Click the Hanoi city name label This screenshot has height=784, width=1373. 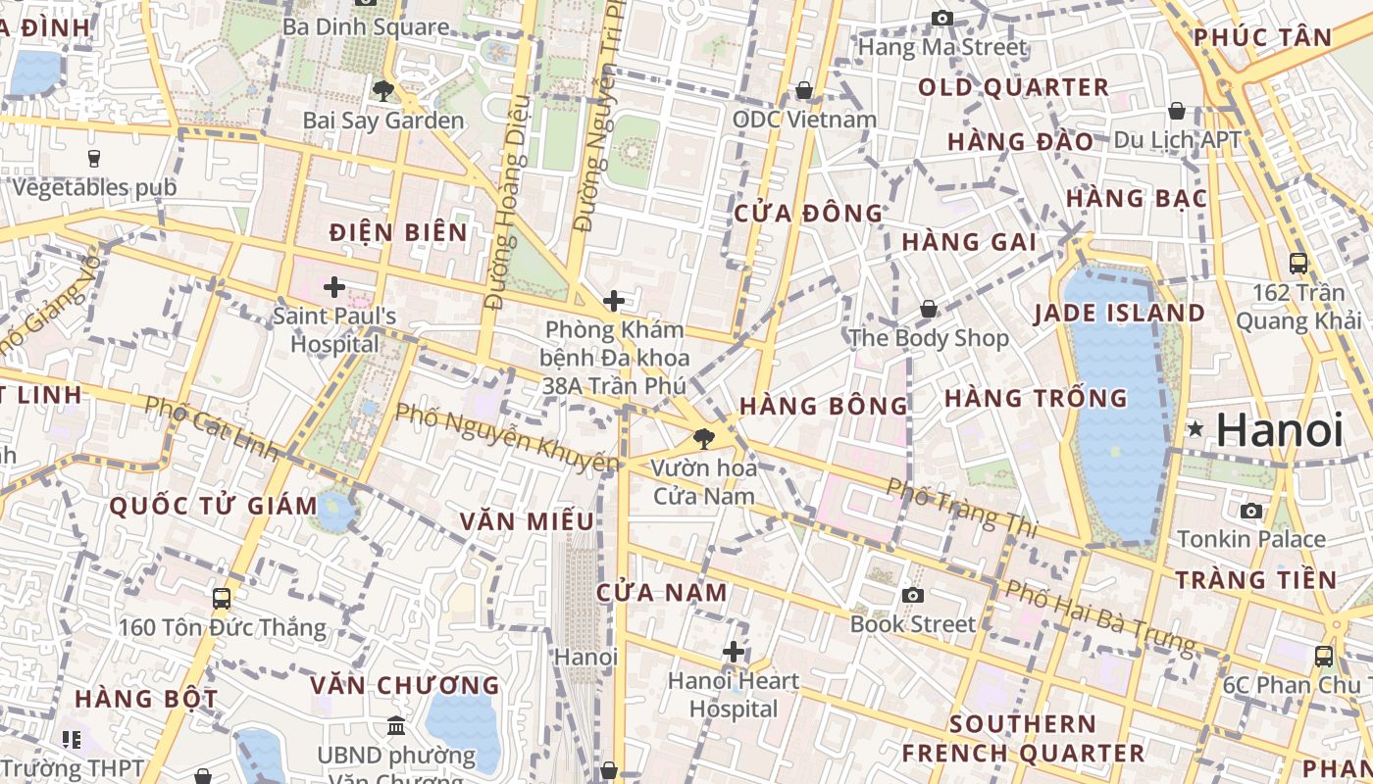[x=1280, y=429]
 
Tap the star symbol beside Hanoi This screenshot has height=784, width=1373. [x=1195, y=429]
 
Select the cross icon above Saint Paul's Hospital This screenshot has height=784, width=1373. [x=334, y=287]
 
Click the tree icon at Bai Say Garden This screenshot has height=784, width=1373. [x=382, y=91]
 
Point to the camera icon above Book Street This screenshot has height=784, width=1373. [x=913, y=595]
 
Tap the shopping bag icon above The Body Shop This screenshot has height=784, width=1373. [x=928, y=310]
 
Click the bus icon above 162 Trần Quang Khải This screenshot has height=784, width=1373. [x=1298, y=263]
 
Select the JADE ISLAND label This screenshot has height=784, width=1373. [x=1119, y=314]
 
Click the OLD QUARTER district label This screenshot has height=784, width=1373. [x=1013, y=87]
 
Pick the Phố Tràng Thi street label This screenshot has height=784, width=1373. [x=961, y=507]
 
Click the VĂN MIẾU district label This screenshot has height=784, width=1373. [x=528, y=521]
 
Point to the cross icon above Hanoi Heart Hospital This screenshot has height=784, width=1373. [x=733, y=652]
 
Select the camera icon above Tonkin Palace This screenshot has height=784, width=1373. [x=1250, y=511]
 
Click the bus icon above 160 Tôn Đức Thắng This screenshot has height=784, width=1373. [x=222, y=598]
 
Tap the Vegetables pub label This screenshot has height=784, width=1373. [x=95, y=187]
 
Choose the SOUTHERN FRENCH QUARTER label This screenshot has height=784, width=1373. [x=1023, y=739]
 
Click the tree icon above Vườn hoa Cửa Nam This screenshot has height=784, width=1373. [x=703, y=438]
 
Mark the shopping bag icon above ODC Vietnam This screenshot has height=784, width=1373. [x=804, y=90]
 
